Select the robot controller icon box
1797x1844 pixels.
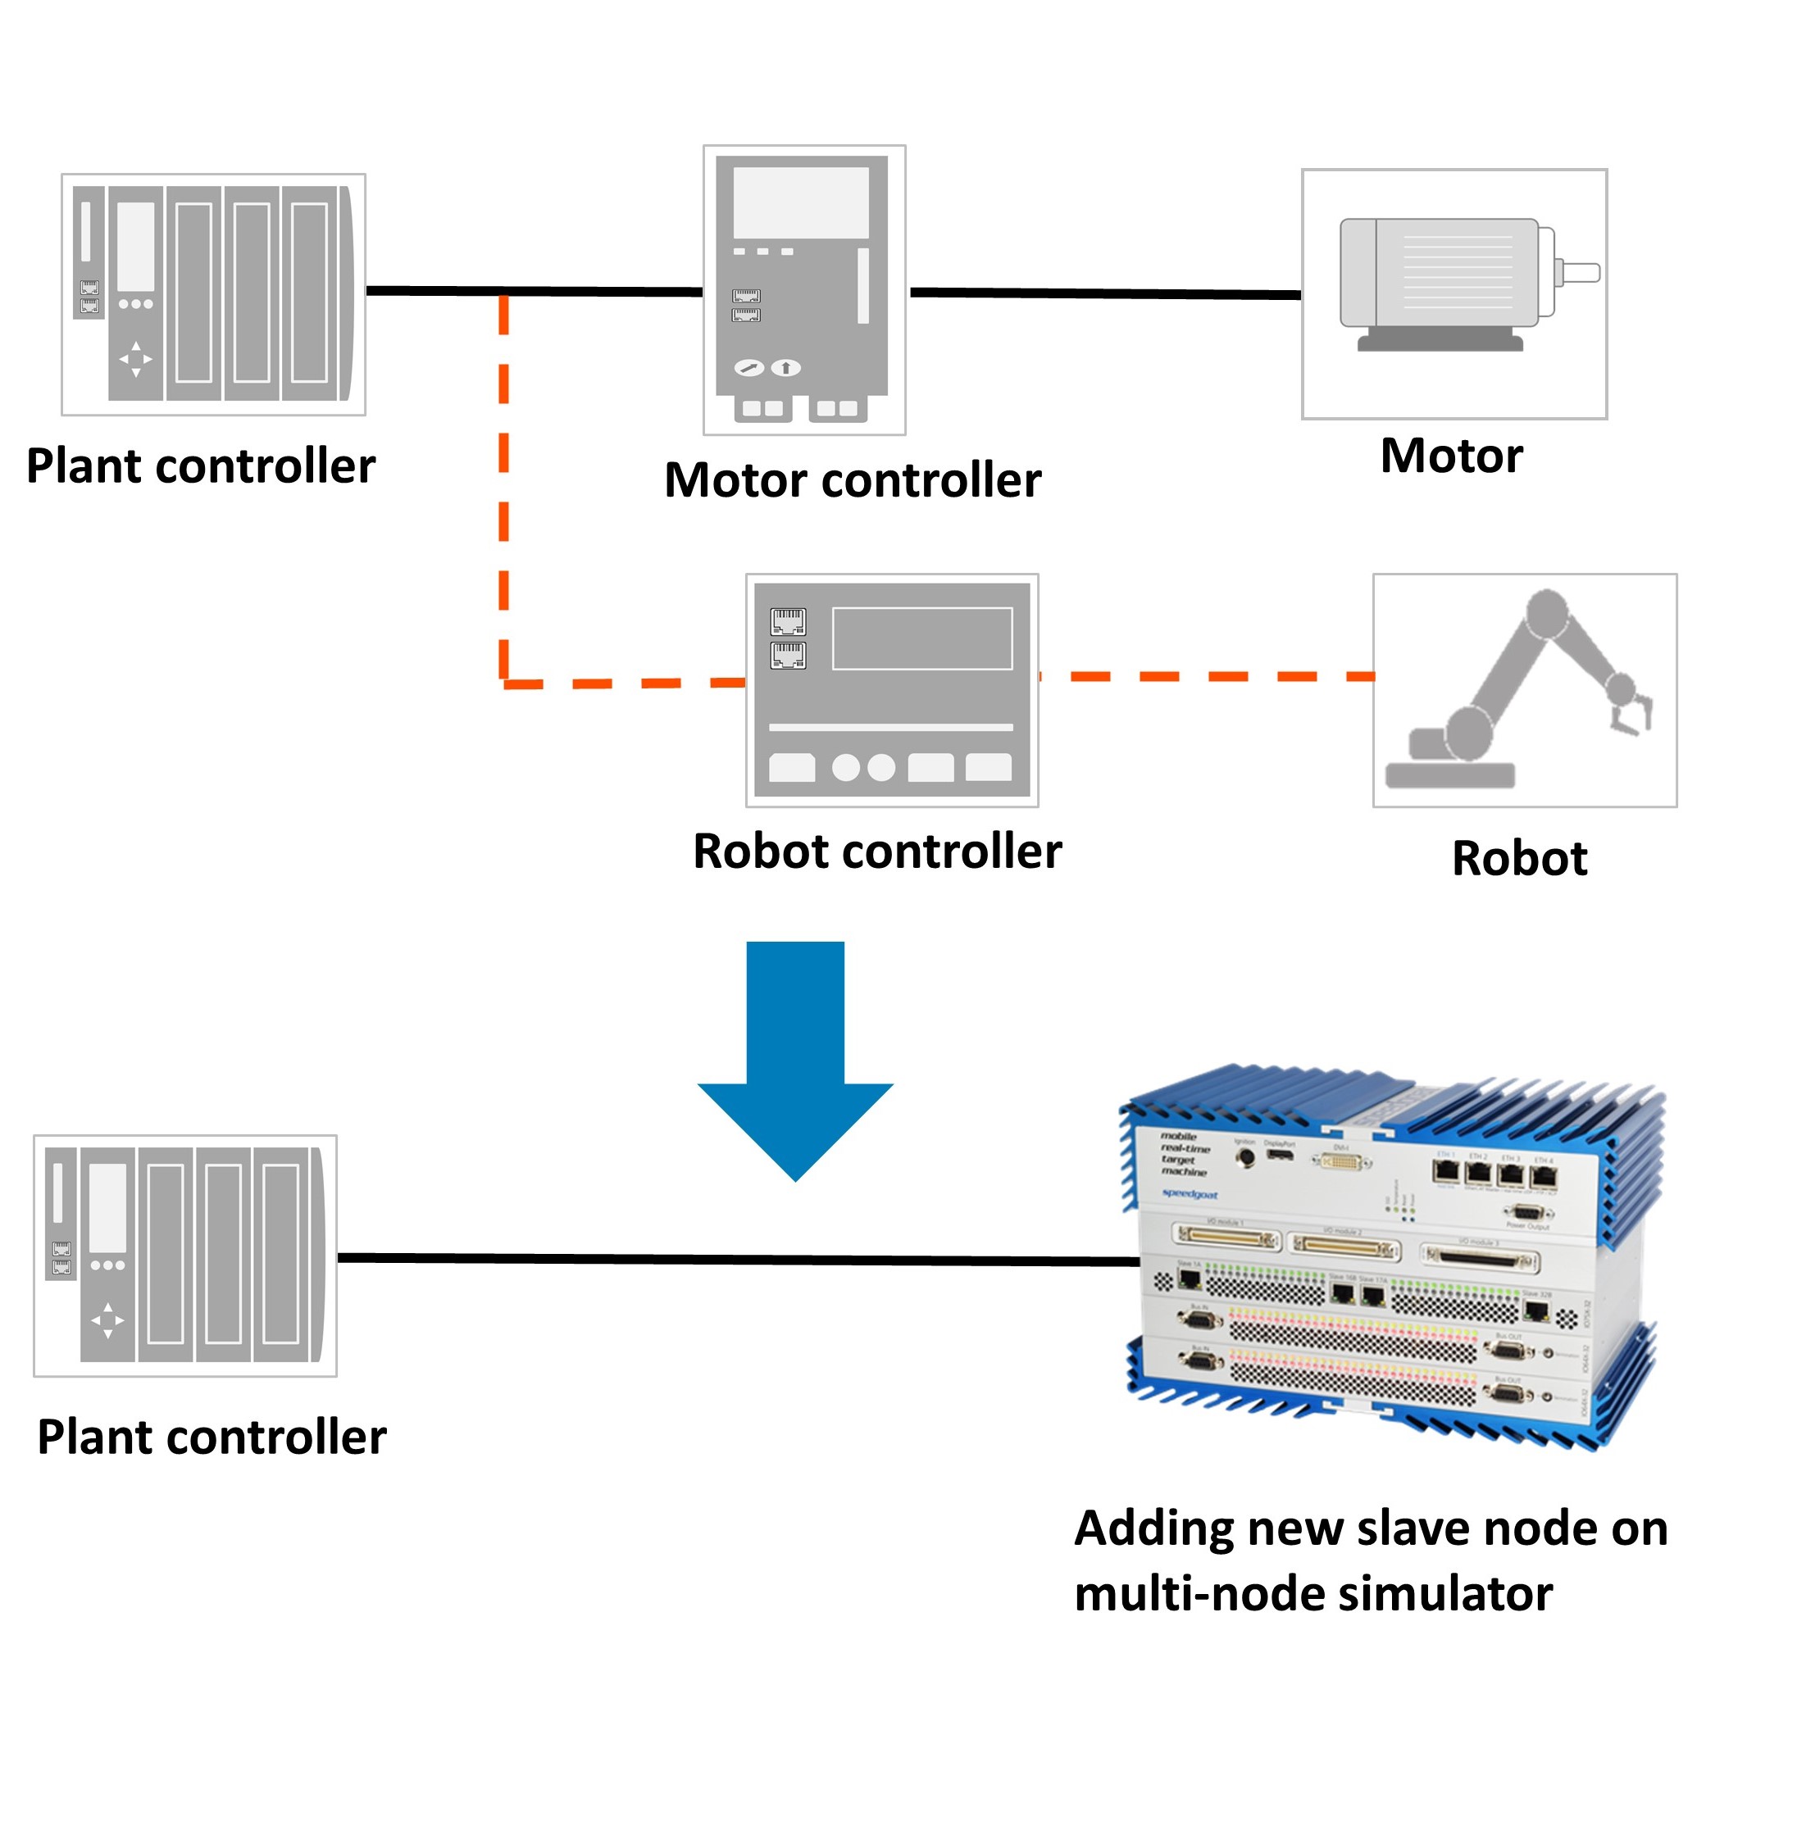tap(892, 689)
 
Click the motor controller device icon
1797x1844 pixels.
tap(803, 288)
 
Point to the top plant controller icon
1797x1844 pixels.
tap(213, 293)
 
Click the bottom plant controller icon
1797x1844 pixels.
tap(185, 1254)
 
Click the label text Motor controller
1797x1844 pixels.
tap(853, 480)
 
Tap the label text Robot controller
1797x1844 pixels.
tap(877, 852)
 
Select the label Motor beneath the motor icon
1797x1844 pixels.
tap(1450, 456)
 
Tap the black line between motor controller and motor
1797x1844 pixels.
tap(1104, 293)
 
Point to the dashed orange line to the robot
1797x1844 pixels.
tap(1208, 675)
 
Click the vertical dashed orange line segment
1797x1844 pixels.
tap(504, 491)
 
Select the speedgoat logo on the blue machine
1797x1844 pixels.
tap(1190, 1195)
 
